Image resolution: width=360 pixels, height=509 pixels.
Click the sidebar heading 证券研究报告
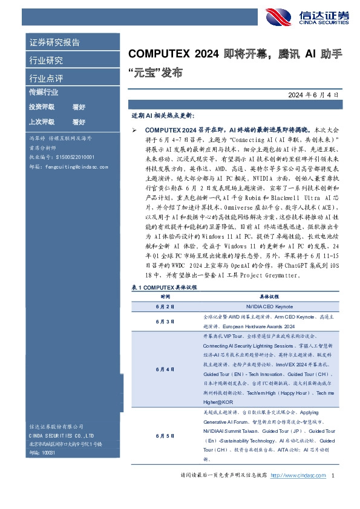(54, 42)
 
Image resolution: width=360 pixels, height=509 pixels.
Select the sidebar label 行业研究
(46, 60)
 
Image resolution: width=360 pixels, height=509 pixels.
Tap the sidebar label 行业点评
(46, 79)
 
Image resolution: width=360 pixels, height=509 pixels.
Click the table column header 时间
(165, 297)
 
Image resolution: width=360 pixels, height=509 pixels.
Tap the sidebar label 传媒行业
(44, 92)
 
